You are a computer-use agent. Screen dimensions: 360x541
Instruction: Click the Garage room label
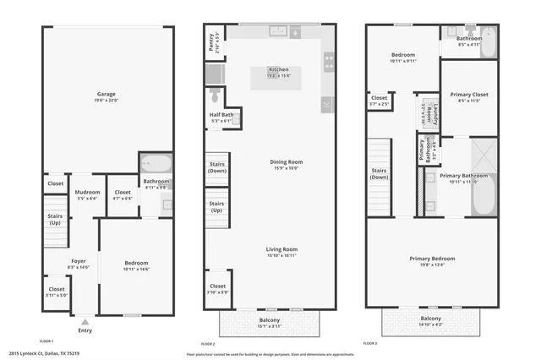pyautogui.click(x=107, y=94)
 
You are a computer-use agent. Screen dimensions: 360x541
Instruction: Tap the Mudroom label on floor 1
pyautogui.click(x=88, y=193)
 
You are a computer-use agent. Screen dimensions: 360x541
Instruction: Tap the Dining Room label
pyautogui.click(x=286, y=162)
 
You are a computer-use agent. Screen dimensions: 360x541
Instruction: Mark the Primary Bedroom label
pyautogui.click(x=432, y=259)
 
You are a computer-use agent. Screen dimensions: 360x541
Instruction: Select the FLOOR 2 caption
pyautogui.click(x=208, y=344)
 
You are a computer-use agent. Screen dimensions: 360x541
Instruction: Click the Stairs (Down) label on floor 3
pyautogui.click(x=380, y=174)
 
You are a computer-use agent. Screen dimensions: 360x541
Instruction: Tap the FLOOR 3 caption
pyautogui.click(x=370, y=344)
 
